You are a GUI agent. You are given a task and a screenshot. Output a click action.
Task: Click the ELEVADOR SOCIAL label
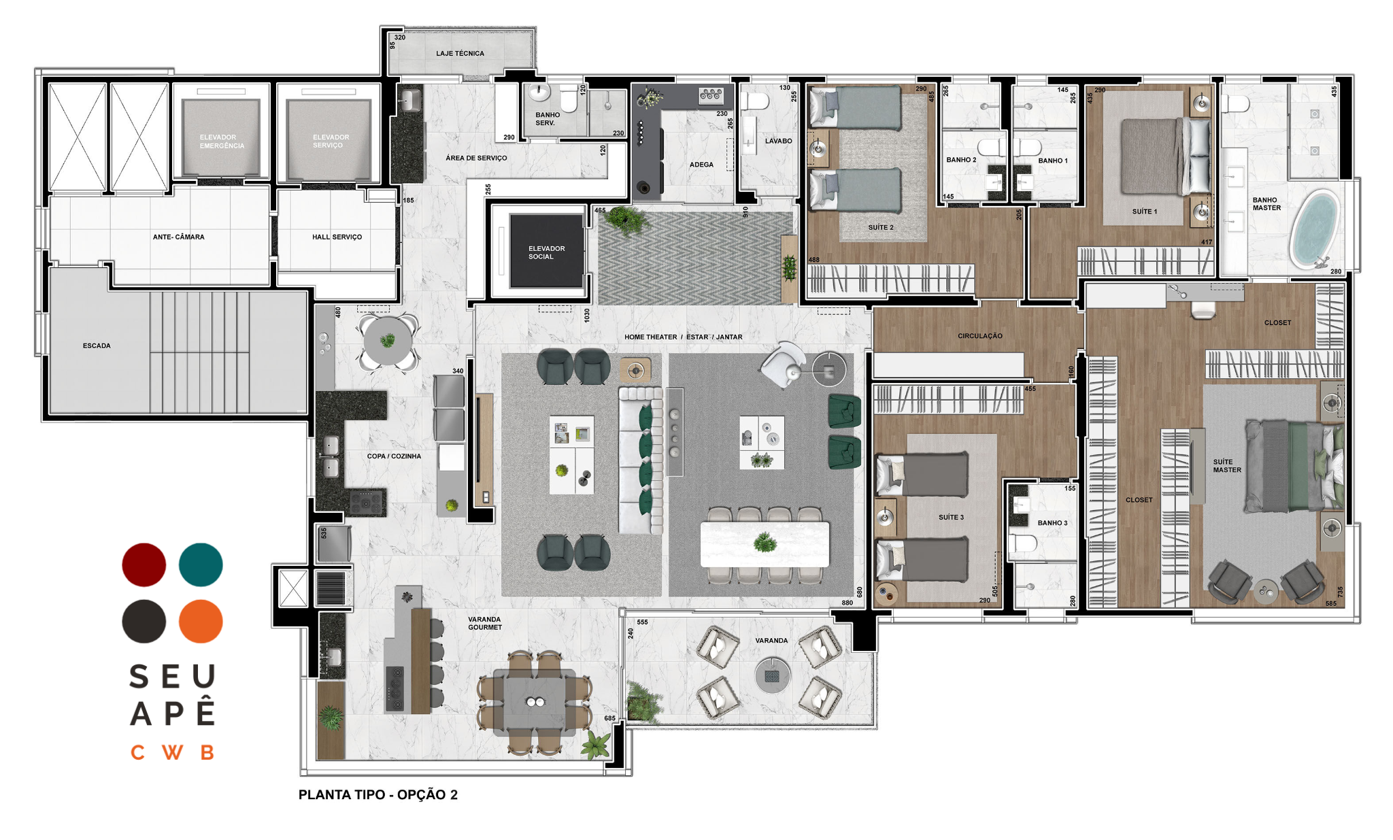546,252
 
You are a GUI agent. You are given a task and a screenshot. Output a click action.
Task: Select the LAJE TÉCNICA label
460,53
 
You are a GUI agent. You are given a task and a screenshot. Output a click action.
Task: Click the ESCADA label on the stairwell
97,346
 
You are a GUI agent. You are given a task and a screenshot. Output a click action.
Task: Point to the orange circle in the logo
201,621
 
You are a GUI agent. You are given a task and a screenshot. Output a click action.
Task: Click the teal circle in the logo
201,565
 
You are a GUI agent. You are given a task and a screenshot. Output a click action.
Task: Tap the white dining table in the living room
765,543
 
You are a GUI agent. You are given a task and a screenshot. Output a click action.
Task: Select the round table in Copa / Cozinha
387,341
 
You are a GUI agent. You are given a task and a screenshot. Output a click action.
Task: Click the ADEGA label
701,165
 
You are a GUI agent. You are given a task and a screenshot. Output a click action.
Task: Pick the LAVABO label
778,141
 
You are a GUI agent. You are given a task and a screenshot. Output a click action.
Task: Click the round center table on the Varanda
773,675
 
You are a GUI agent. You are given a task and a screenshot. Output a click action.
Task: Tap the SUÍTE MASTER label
1227,466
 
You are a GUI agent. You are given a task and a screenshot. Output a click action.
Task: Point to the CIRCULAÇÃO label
979,336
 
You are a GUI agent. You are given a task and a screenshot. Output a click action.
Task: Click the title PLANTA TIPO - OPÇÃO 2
378,794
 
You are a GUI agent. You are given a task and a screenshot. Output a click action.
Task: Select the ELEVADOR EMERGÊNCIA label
222,141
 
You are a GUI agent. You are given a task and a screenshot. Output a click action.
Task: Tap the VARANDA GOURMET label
485,623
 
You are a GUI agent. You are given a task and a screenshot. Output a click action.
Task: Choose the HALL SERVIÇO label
337,237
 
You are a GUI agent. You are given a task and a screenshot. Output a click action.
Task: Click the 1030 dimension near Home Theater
586,316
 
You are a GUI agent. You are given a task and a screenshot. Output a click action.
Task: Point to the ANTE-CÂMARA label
178,237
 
